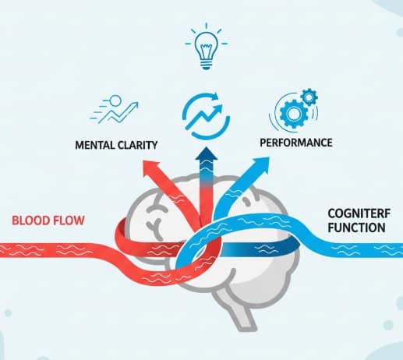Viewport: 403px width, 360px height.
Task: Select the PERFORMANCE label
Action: tap(296, 143)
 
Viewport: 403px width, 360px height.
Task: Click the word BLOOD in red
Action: tap(30, 220)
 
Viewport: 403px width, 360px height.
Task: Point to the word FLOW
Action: tap(68, 220)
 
